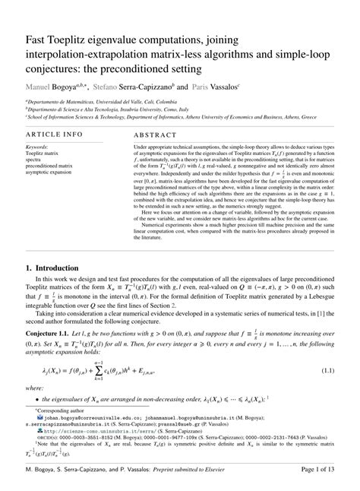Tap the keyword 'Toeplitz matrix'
[x=43, y=152]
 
